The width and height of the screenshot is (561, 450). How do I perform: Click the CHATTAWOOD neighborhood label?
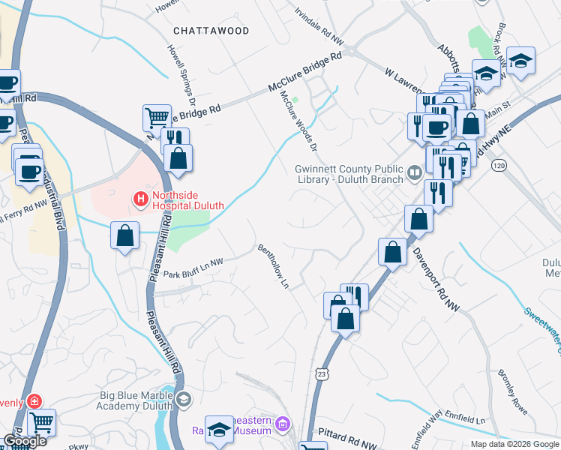(211, 31)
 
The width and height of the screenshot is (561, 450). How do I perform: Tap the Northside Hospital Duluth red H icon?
(139, 199)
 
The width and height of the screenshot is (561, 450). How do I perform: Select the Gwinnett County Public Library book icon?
(413, 174)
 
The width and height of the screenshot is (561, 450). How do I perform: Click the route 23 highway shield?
(321, 373)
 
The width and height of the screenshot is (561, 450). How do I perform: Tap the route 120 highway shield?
(498, 163)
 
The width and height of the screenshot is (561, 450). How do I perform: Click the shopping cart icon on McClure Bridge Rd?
(156, 117)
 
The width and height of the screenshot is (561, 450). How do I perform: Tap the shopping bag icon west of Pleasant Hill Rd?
(124, 235)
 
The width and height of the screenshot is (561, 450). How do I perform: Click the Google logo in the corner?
(25, 440)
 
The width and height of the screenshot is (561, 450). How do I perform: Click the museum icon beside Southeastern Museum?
(283, 425)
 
